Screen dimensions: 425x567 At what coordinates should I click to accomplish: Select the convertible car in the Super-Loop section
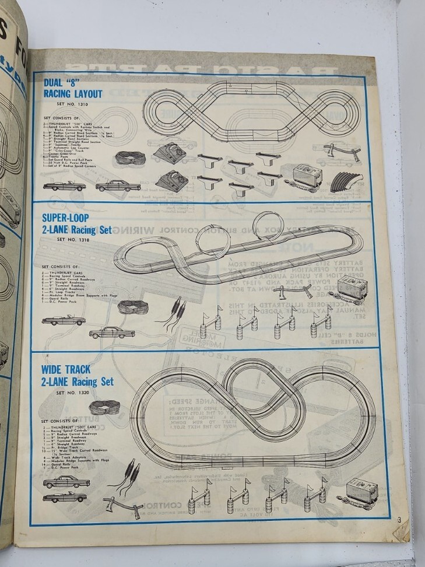point(63,320)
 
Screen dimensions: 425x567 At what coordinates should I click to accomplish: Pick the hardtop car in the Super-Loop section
point(111,332)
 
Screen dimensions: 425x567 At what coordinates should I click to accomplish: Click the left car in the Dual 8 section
point(64,186)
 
